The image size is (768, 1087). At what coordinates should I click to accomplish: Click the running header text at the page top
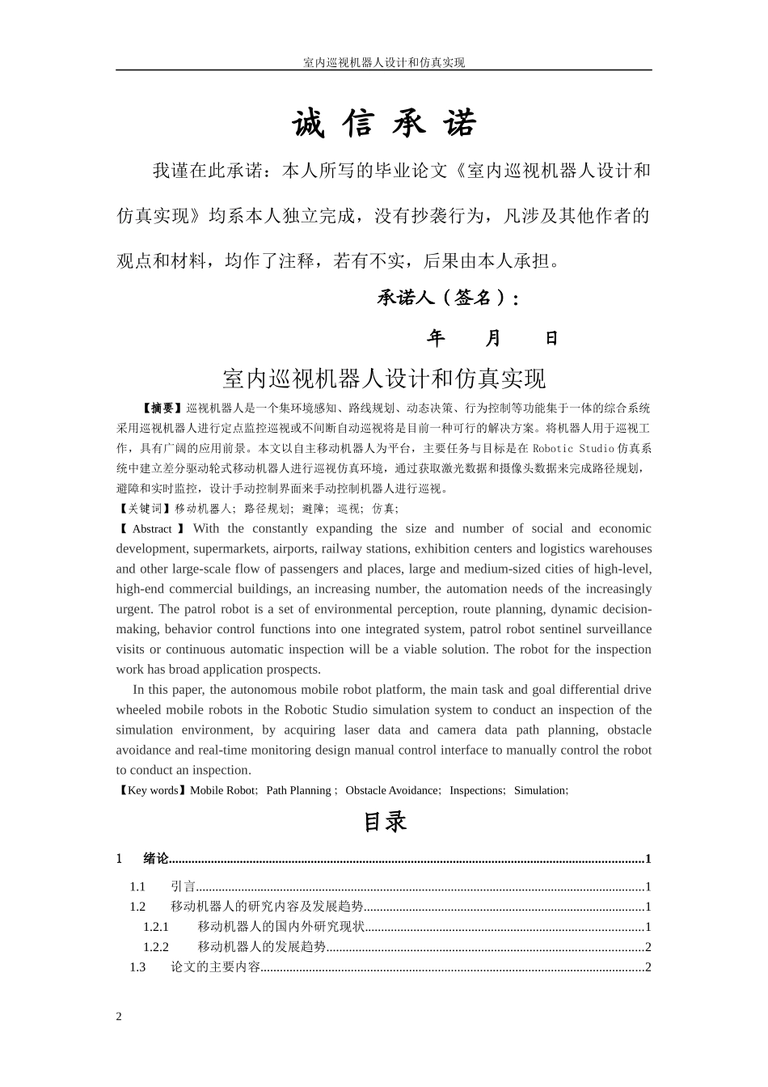[383, 62]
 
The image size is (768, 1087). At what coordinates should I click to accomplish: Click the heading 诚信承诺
[384, 124]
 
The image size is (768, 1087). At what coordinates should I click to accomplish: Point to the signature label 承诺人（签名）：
[448, 298]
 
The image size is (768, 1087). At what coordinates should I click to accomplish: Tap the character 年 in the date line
[436, 338]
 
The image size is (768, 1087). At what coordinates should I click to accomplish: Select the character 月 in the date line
[493, 338]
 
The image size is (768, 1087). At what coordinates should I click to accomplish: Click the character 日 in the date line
[551, 338]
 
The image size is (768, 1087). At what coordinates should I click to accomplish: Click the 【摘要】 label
[162, 408]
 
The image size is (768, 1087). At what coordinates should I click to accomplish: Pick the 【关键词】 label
[146, 509]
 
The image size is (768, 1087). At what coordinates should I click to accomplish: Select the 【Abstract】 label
[152, 529]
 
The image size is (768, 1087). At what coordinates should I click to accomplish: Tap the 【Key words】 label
[153, 790]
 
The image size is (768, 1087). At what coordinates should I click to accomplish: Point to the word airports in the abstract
[295, 549]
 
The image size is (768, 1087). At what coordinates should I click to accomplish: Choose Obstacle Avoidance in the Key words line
[392, 790]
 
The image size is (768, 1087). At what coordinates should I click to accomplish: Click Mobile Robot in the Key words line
[222, 790]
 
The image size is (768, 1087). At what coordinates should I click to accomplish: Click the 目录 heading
[384, 822]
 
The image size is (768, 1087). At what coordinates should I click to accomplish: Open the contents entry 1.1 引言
[184, 886]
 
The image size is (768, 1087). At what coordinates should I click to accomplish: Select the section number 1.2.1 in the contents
[156, 927]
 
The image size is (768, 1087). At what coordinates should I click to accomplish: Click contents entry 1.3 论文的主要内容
[215, 967]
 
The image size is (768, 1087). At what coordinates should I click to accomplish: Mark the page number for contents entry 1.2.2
[648, 947]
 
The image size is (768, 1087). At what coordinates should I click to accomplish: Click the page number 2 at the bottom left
[119, 1017]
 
